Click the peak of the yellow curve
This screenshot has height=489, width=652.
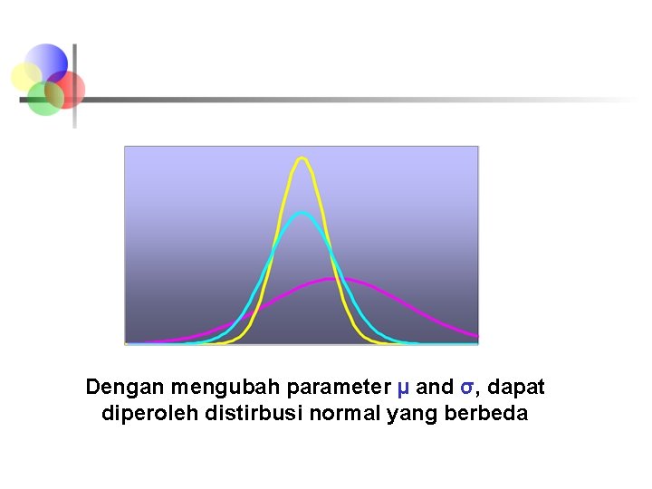(x=302, y=158)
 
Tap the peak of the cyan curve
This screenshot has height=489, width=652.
(x=302, y=213)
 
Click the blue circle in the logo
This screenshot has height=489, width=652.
(x=47, y=60)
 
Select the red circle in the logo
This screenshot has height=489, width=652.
(x=67, y=89)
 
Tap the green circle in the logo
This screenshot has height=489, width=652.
(x=43, y=99)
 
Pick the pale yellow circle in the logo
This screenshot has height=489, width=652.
(x=25, y=77)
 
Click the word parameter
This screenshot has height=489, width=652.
(x=339, y=388)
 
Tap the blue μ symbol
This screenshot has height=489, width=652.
(x=403, y=388)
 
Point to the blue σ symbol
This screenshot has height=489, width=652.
(x=466, y=388)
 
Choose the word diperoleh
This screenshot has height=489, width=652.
(x=143, y=415)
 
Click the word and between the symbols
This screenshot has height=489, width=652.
(x=435, y=388)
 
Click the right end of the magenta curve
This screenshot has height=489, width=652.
(x=475, y=336)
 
